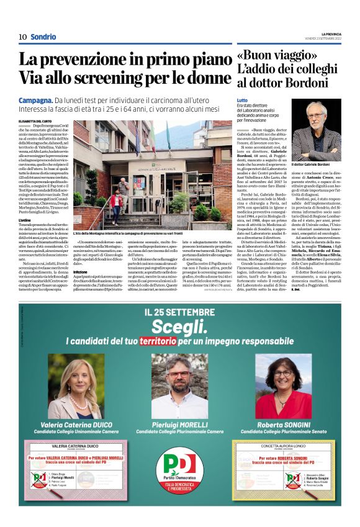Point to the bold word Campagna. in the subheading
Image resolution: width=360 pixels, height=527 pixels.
click(x=35, y=100)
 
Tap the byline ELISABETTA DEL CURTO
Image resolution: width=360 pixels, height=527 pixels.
click(x=35, y=122)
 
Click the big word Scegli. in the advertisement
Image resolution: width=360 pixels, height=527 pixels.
click(x=180, y=327)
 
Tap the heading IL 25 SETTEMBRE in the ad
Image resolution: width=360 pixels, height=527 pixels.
click(x=180, y=312)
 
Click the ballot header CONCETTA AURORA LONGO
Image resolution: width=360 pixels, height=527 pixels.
click(x=282, y=446)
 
